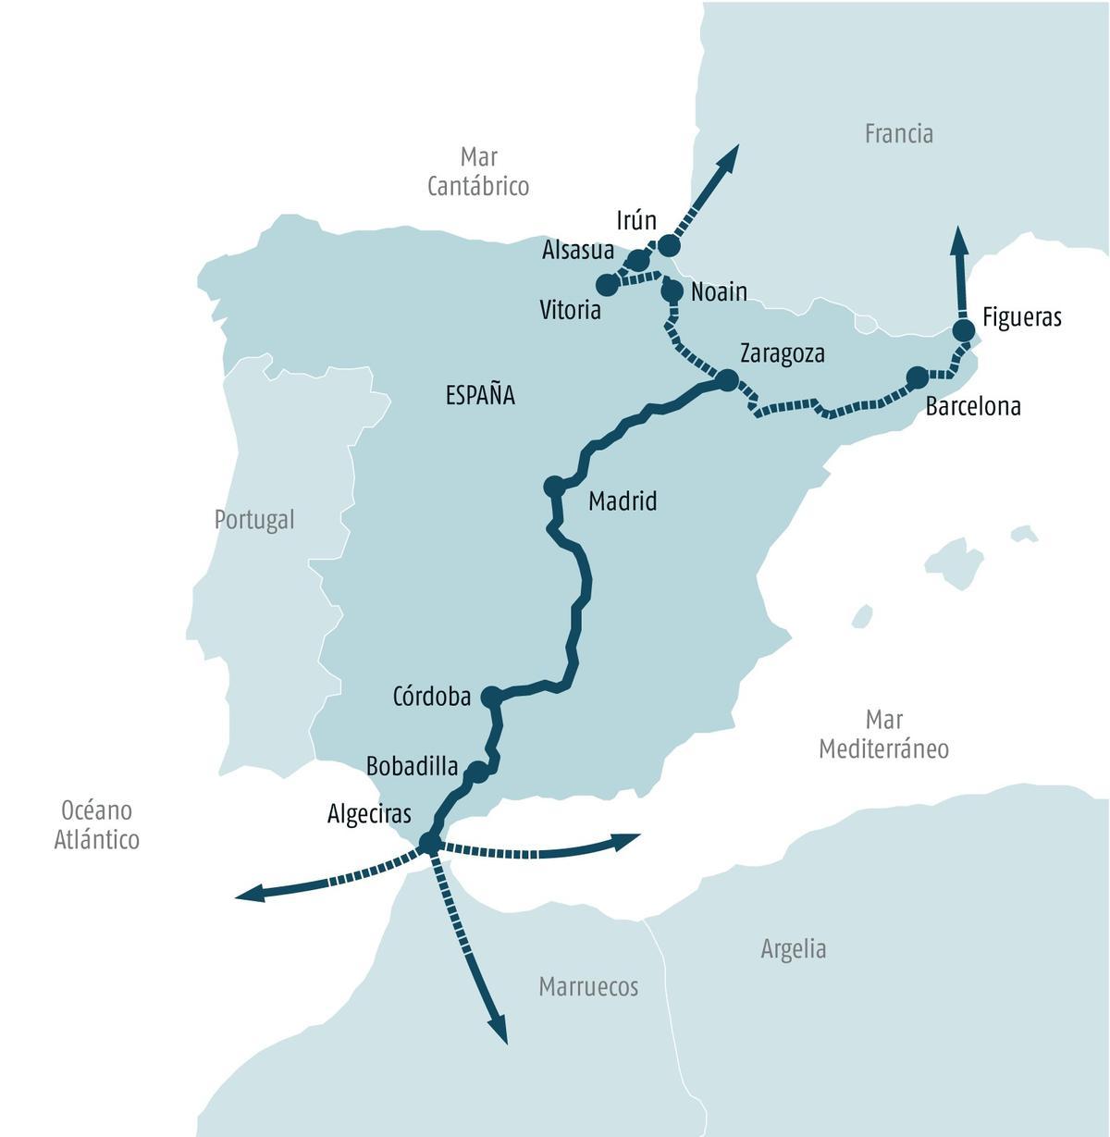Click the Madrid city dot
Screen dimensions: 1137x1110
[x=554, y=486]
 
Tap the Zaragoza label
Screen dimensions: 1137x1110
[x=783, y=353]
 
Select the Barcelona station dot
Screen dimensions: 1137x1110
[x=917, y=377]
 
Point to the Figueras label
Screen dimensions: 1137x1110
[x=1021, y=317]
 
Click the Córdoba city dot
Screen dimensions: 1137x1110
[x=491, y=697]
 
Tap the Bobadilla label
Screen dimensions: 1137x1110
[x=412, y=766]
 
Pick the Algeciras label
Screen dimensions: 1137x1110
[x=368, y=814]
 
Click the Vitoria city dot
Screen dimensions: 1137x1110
[x=607, y=284]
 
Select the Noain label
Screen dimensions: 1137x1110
[x=719, y=292]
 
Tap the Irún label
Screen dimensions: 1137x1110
[x=636, y=220]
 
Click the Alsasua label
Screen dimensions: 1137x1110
[x=578, y=251]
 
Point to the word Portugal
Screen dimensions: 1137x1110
[x=253, y=520]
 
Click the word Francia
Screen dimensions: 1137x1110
[x=898, y=134]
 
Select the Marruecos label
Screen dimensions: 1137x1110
[x=588, y=987]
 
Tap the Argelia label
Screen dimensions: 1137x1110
[x=793, y=949]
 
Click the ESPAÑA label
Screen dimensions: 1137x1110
[x=480, y=396]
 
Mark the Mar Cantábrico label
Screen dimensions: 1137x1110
[x=478, y=171]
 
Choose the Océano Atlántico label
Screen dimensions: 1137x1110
[x=96, y=825]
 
